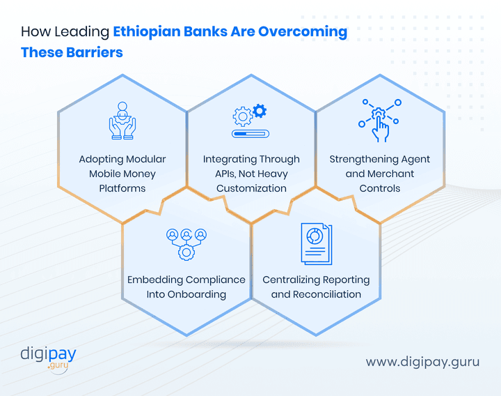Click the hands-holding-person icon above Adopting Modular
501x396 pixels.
(122, 119)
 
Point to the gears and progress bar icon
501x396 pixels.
(250, 121)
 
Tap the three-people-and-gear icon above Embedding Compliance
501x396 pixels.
(186, 243)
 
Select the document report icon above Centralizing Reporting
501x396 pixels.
(316, 243)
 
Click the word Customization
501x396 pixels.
(251, 188)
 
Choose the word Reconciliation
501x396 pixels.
(327, 294)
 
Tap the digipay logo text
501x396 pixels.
(48, 353)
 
